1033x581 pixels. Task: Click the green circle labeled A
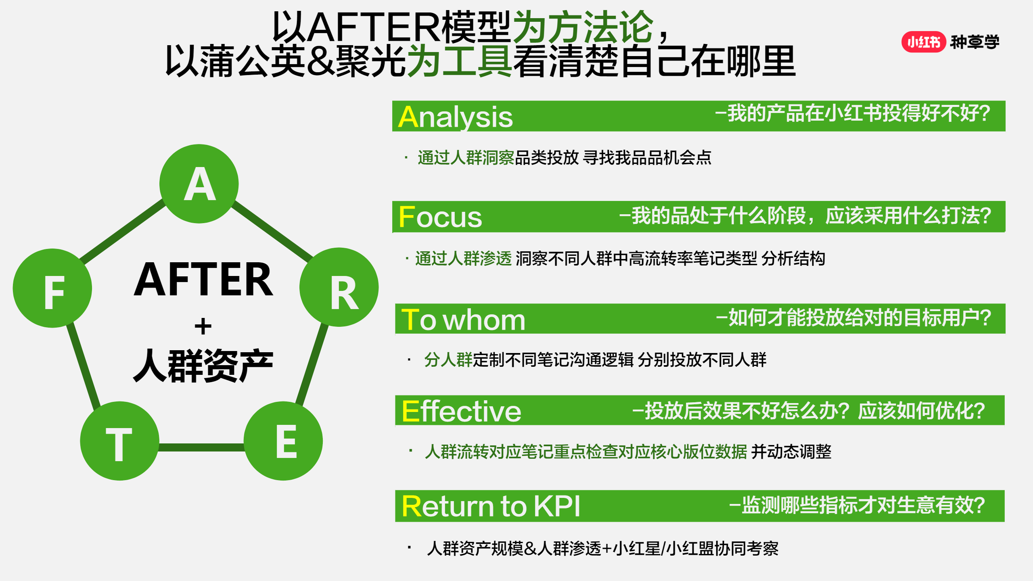[x=199, y=184]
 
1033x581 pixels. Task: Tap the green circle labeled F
[x=52, y=288]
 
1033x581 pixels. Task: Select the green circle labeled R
[x=339, y=287]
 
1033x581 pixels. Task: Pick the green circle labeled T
[x=120, y=441]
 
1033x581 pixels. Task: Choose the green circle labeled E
[x=283, y=441]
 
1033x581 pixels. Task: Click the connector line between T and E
[x=202, y=447]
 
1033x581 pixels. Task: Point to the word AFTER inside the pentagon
[x=203, y=279]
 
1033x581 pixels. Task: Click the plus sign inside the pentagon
[x=203, y=326]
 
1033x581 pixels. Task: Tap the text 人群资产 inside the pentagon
[x=203, y=366]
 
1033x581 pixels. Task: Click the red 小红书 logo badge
[x=924, y=42]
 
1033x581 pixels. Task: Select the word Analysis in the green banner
[x=455, y=117]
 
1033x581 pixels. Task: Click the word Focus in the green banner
[x=440, y=217]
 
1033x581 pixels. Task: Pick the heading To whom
[x=463, y=320]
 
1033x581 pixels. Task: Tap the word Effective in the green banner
[x=462, y=411]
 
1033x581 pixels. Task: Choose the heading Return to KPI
[x=491, y=506]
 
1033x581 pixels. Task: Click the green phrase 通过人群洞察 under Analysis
[x=466, y=157]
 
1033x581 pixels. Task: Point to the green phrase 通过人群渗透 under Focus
[x=464, y=258]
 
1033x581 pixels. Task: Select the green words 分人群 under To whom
[x=448, y=359]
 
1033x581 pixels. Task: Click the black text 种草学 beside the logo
[x=975, y=42]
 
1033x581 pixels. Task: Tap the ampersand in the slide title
[x=321, y=61]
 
